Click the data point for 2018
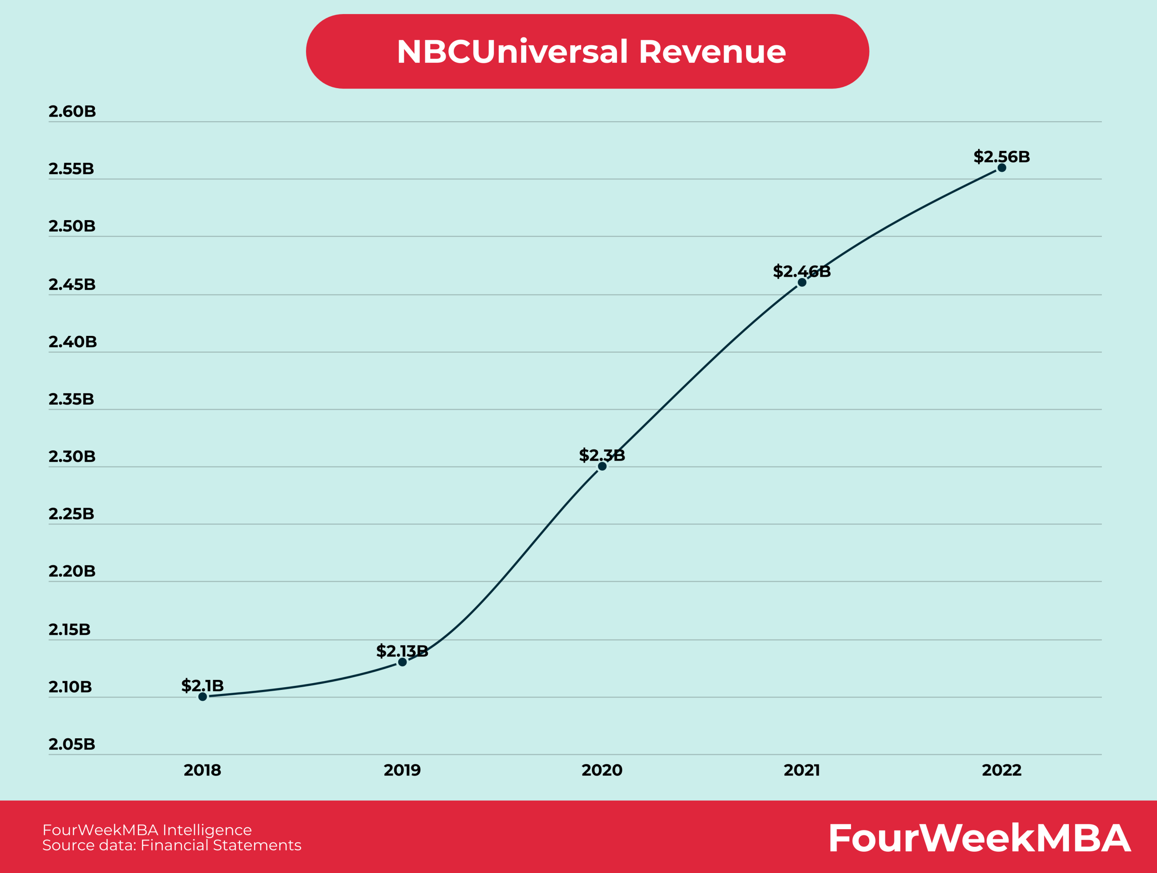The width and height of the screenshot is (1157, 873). [202, 696]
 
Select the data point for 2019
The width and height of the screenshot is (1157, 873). [402, 662]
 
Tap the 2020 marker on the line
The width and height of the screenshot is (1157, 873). [602, 466]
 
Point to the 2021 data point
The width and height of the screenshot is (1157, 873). [802, 283]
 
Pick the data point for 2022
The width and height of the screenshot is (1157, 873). [1002, 168]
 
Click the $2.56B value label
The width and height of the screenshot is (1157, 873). [1001, 156]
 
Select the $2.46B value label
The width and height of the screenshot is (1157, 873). [801, 271]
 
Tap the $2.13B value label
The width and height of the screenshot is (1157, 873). [402, 651]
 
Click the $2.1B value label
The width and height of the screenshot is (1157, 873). [202, 685]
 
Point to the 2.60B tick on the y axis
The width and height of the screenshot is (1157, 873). [72, 111]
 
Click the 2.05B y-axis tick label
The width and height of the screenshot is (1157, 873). [72, 744]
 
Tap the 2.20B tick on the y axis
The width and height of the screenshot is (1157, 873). [72, 571]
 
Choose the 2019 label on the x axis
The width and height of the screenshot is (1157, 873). [402, 770]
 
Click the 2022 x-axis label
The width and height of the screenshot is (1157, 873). [1002, 770]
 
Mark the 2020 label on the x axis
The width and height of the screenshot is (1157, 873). [602, 770]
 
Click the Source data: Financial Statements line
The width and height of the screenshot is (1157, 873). [172, 845]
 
